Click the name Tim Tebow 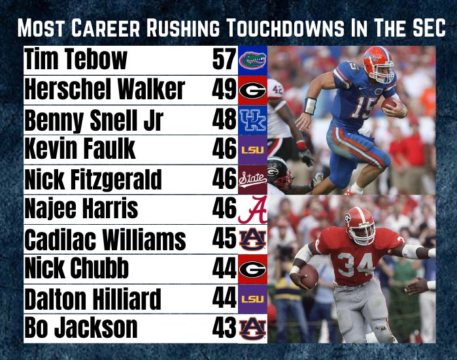coord(76,60)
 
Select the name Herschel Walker coord(105,90)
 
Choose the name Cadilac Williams coord(105,240)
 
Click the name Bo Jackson coord(81,327)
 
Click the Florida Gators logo coord(252,60)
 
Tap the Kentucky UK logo coord(252,120)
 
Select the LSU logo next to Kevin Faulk coord(252,150)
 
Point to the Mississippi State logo coord(252,180)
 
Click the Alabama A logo coord(252,210)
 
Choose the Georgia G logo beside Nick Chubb coord(252,269)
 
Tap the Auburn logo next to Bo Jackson coord(252,327)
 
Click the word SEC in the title coord(425,29)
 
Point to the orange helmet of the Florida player coord(379,60)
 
